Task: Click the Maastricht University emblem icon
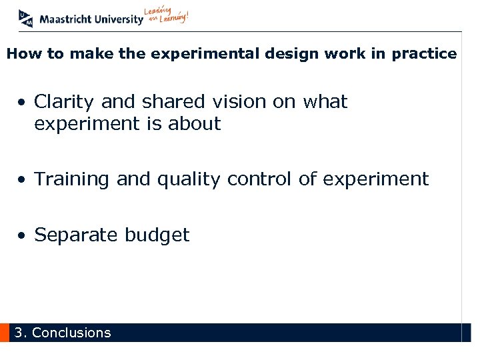(26, 18)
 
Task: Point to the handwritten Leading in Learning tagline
(167, 16)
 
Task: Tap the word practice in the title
(424, 54)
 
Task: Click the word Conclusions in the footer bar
(71, 333)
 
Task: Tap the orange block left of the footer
(5, 333)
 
